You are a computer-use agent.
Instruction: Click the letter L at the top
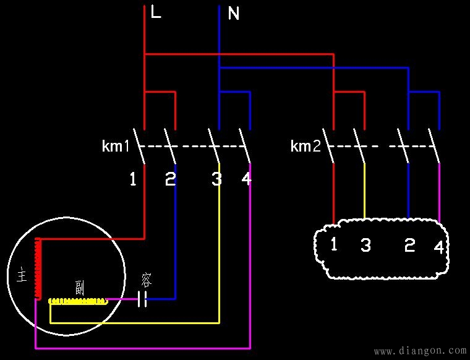click(x=156, y=12)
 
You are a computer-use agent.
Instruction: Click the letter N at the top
click(x=234, y=14)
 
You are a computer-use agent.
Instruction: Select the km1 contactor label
click(x=116, y=147)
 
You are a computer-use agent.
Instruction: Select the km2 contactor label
click(x=305, y=147)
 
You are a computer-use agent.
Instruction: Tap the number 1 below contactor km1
click(x=133, y=179)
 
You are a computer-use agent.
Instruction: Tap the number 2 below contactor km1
click(x=170, y=179)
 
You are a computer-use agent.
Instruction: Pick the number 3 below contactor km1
click(x=216, y=179)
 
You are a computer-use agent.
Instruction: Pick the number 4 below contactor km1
click(x=246, y=179)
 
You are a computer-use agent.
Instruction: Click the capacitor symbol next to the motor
click(x=142, y=300)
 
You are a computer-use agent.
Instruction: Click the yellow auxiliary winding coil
click(x=77, y=301)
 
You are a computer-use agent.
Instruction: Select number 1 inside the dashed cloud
click(x=334, y=244)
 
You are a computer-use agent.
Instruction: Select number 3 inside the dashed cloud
click(x=365, y=246)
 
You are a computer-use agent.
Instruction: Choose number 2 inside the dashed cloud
click(x=409, y=246)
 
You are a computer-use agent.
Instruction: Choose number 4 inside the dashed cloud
click(x=438, y=247)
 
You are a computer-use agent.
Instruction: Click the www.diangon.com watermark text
click(x=421, y=351)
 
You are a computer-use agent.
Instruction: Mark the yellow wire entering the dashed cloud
click(x=364, y=192)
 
